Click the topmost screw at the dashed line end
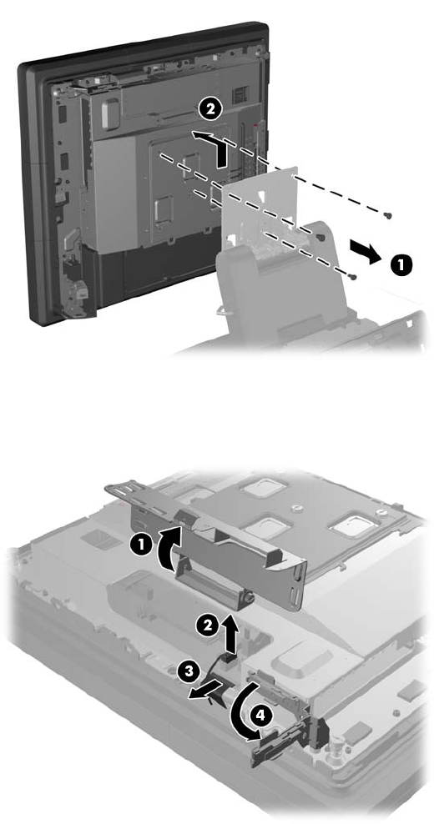pos(388,215)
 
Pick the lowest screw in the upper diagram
pos(355,276)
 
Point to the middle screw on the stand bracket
pos(320,238)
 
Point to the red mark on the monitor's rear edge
pos(255,126)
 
